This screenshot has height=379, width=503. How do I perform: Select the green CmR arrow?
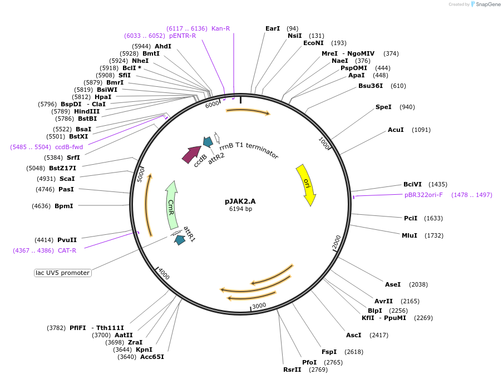pyautogui.click(x=171, y=205)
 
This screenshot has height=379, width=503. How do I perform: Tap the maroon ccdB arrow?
pyautogui.click(x=191, y=154)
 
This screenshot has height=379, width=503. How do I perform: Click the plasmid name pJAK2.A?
pyautogui.click(x=240, y=201)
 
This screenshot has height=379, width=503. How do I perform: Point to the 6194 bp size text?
pyautogui.click(x=240, y=209)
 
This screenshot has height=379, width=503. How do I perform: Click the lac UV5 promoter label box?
pyautogui.click(x=62, y=273)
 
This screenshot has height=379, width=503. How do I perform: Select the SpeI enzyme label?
pyautogui.click(x=383, y=107)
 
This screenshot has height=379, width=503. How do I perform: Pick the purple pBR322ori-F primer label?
pyautogui.click(x=423, y=195)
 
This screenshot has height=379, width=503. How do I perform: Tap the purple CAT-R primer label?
pyautogui.click(x=67, y=250)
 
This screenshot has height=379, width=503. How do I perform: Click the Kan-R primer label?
pyautogui.click(x=221, y=28)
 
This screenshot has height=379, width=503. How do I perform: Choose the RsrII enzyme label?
pyautogui.click(x=292, y=370)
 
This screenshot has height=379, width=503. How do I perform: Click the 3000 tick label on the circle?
pyautogui.click(x=259, y=306)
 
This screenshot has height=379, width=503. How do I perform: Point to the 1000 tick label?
pyautogui.click(x=324, y=143)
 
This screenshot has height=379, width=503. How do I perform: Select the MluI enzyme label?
pyautogui.click(x=410, y=235)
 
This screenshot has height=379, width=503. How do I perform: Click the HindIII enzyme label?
pyautogui.click(x=87, y=111)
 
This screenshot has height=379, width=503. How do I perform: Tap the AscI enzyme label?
pyautogui.click(x=353, y=335)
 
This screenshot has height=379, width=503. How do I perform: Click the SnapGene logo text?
pyautogui.click(x=488, y=4)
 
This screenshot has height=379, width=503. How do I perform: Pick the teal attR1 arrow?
pyautogui.click(x=180, y=240)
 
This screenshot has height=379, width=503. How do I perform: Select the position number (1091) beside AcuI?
pyautogui.click(x=421, y=130)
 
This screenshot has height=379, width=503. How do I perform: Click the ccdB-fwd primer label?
pyautogui.click(x=69, y=147)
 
